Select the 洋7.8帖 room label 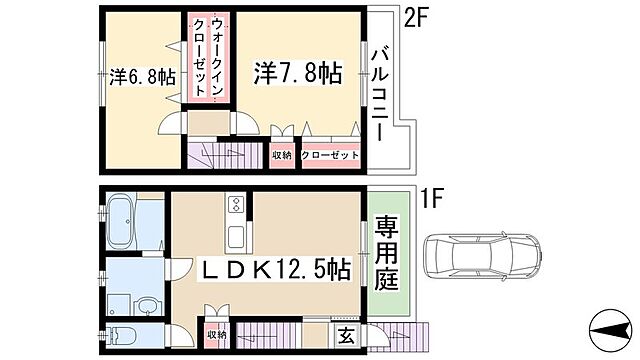pyautogui.click(x=298, y=72)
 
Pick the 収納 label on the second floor pyautogui.click(x=281, y=154)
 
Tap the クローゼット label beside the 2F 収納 pyautogui.click(x=328, y=154)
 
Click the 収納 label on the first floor pyautogui.click(x=217, y=335)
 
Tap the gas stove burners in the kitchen pyautogui.click(x=236, y=206)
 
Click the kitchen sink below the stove pyautogui.click(x=236, y=238)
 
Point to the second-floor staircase pyautogui.click(x=225, y=155)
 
